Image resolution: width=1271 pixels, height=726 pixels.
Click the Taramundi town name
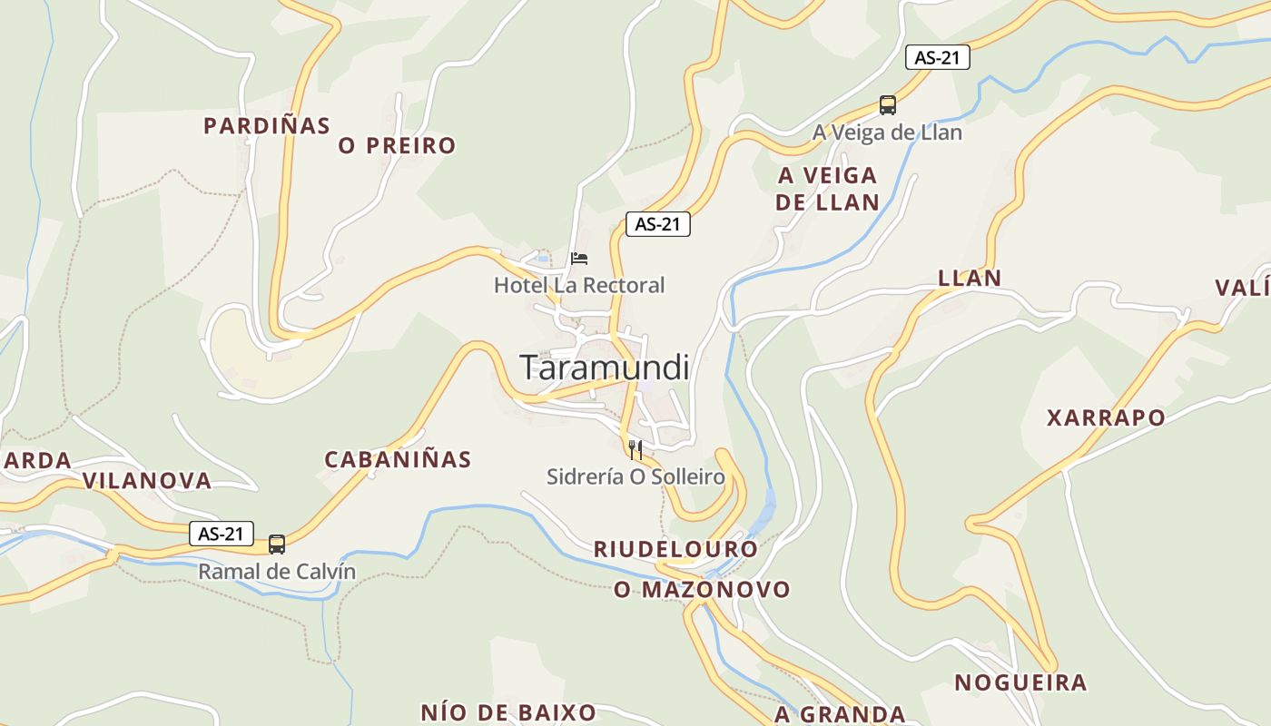[605, 368]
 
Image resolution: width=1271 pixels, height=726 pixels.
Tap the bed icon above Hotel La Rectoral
[579, 259]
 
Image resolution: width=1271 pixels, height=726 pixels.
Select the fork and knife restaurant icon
[635, 449]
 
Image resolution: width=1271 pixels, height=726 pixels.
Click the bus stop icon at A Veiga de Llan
[888, 105]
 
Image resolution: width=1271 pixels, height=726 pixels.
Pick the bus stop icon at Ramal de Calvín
[277, 544]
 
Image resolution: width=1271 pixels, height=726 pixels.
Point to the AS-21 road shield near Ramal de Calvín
[222, 534]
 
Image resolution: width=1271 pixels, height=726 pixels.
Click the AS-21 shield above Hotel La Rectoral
[658, 224]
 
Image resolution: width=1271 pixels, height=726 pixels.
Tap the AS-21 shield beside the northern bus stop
[938, 57]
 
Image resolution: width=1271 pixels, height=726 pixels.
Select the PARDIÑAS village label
[267, 126]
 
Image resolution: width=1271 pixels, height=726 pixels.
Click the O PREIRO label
[398, 145]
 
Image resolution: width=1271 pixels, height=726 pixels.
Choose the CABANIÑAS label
[399, 460]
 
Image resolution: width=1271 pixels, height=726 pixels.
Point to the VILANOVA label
[147, 481]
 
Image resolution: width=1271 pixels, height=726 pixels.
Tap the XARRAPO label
[1106, 418]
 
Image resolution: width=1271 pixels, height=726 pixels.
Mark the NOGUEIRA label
[1020, 682]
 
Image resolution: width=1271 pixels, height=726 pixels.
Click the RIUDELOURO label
[675, 549]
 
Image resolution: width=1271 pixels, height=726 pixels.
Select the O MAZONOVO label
[703, 590]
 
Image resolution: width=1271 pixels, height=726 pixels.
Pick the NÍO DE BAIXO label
[508, 712]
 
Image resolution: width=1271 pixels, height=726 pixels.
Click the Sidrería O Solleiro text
[635, 477]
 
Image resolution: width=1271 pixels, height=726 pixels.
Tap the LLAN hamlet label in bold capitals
[970, 279]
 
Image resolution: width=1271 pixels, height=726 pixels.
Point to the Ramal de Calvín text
[277, 573]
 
